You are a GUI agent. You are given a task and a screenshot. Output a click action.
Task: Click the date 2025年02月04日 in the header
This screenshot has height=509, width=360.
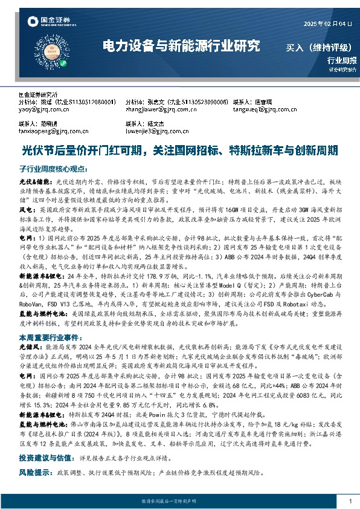click(327, 24)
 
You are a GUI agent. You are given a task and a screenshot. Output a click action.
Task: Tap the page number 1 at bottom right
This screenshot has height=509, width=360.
click(350, 501)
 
